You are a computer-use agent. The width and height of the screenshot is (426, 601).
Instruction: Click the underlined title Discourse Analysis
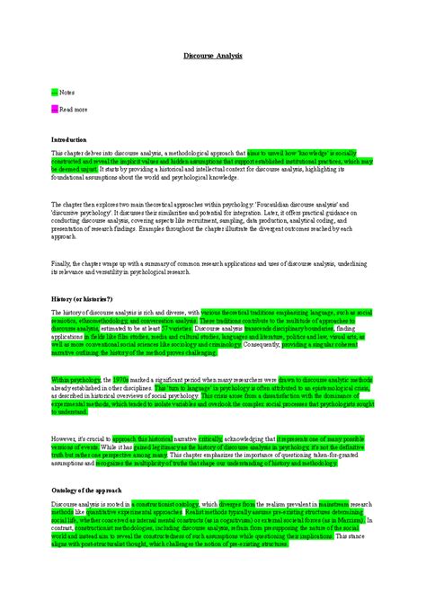(212, 56)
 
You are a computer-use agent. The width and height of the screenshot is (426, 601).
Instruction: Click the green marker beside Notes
(54, 92)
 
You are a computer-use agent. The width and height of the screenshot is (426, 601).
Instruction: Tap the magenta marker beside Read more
(54, 109)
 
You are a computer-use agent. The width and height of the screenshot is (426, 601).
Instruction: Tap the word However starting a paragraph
(65, 439)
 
